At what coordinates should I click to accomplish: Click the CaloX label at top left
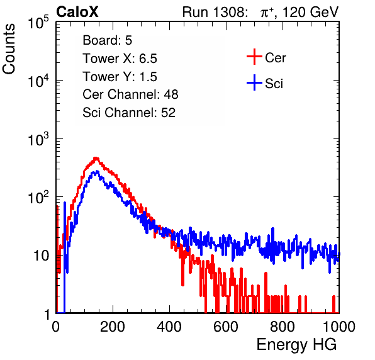click(x=77, y=12)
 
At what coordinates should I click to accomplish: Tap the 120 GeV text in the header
click(x=310, y=12)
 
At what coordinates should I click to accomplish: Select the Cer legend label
click(x=275, y=58)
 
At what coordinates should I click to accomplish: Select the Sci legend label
click(x=274, y=84)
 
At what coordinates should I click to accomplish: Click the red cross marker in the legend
click(x=254, y=57)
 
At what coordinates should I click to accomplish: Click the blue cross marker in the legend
click(x=254, y=82)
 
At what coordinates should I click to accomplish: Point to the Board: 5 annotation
click(x=107, y=40)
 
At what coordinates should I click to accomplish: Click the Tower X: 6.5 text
click(x=120, y=59)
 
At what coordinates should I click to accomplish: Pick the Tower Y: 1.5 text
click(x=120, y=77)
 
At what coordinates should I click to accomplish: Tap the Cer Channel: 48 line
click(x=130, y=94)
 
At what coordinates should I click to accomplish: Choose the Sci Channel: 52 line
click(x=129, y=113)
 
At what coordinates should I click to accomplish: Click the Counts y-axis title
click(x=9, y=49)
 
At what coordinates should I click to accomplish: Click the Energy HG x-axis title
click(x=296, y=345)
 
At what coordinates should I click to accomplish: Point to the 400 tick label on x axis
click(x=169, y=327)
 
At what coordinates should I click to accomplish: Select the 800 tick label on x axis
click(x=283, y=327)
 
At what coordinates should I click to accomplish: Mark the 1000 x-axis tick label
click(x=339, y=327)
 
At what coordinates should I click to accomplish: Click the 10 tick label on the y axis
click(x=41, y=256)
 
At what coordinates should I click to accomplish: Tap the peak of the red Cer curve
click(x=96, y=158)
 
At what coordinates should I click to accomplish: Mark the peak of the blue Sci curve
click(x=97, y=171)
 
